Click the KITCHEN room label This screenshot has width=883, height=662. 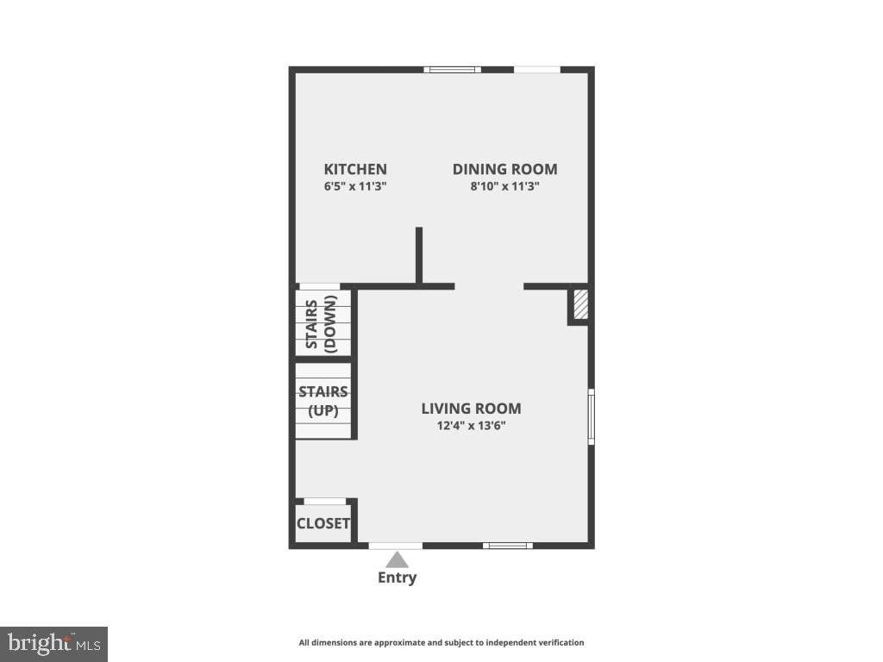click(355, 169)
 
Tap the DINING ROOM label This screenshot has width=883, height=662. click(504, 169)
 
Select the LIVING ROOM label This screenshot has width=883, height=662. click(471, 409)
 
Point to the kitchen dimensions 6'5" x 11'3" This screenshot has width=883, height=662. click(355, 185)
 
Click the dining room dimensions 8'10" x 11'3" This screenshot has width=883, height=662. click(504, 185)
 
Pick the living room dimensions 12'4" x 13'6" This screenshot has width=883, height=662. click(471, 425)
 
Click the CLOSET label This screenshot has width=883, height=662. click(323, 523)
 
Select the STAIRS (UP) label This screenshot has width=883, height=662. click(323, 401)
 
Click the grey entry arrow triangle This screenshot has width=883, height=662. click(397, 560)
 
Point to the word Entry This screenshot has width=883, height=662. click(397, 578)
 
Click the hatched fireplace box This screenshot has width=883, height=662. click(580, 303)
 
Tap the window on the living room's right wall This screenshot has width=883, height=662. click(591, 417)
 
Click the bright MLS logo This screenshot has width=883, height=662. click(53, 643)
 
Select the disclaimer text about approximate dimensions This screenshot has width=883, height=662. click(441, 642)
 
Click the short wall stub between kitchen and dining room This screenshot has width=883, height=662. click(419, 254)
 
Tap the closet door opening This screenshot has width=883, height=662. click(325, 501)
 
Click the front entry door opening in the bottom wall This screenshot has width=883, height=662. click(396, 545)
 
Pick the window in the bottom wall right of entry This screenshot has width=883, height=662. click(507, 545)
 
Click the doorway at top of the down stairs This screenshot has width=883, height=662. click(319, 286)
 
